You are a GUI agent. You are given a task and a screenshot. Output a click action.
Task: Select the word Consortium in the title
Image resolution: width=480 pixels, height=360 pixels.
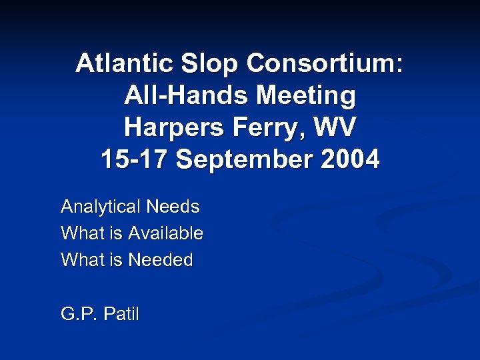pyautogui.click(x=325, y=64)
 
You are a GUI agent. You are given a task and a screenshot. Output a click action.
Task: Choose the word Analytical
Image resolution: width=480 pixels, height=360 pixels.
pyautogui.click(x=101, y=207)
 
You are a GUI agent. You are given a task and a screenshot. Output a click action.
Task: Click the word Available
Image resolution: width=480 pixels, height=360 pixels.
pyautogui.click(x=165, y=234)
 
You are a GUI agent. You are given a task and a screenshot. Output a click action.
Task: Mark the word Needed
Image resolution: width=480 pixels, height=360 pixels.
pyautogui.click(x=161, y=260)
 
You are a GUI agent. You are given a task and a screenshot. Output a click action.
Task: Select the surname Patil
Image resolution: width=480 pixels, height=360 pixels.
pyautogui.click(x=120, y=314)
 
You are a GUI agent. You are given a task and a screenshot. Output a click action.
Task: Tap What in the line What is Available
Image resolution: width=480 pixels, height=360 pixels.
pyautogui.click(x=79, y=234)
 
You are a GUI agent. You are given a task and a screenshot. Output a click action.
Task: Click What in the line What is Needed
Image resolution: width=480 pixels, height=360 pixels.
pyautogui.click(x=79, y=260)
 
